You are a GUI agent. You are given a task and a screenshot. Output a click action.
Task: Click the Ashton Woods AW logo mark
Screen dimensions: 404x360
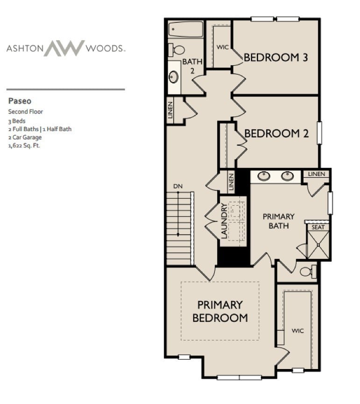[x=64, y=48]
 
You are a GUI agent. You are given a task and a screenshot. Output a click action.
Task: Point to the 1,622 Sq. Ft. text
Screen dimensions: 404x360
[x=24, y=146]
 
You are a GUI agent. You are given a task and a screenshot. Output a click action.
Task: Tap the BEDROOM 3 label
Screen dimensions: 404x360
[x=275, y=58]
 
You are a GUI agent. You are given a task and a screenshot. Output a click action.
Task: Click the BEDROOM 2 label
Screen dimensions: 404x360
[x=276, y=133]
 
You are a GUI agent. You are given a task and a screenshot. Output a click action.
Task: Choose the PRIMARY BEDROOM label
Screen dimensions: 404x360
[x=220, y=311]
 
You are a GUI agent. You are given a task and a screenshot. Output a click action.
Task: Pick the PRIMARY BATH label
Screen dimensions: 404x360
[x=278, y=221]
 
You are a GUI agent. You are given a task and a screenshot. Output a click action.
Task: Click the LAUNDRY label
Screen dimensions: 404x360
[x=224, y=221]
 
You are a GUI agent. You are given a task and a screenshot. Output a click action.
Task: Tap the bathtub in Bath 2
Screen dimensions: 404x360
[x=186, y=29]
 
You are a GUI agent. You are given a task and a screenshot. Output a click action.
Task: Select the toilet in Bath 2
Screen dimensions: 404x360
[x=176, y=49]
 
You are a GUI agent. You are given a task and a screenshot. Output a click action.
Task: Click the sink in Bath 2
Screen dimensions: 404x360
[x=174, y=77]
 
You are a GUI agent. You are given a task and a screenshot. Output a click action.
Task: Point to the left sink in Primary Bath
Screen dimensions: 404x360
[x=264, y=176]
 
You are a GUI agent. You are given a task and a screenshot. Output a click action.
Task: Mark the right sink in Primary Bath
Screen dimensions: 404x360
[x=288, y=176]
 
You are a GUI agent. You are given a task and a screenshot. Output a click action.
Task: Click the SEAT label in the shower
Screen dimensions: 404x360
[x=318, y=227]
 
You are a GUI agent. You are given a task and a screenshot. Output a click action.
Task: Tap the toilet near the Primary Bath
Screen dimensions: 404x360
[x=308, y=272]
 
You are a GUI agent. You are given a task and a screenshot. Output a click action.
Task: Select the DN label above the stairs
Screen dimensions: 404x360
[x=177, y=187]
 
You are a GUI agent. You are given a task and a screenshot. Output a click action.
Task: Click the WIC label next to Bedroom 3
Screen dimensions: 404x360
[x=222, y=48]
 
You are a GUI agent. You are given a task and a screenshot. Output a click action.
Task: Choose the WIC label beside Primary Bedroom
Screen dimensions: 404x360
[x=297, y=331]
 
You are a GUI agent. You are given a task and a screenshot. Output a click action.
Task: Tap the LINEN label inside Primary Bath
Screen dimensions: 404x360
[x=317, y=174]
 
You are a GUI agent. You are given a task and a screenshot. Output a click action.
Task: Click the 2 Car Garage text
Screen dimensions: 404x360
[x=25, y=137]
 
